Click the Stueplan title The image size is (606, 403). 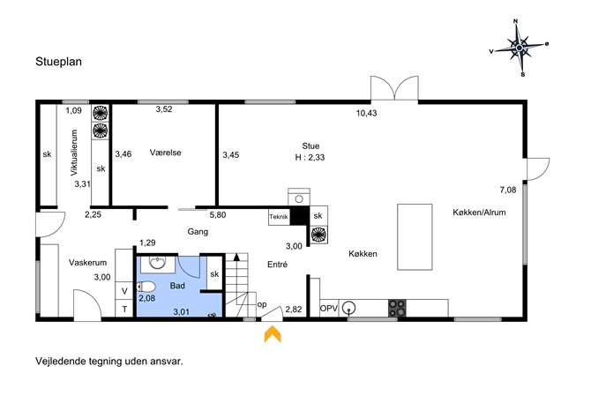point(59,62)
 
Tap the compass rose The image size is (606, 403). point(519,47)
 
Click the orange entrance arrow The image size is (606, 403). point(273,334)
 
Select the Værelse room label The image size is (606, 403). point(166,153)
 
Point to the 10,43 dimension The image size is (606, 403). point(366,113)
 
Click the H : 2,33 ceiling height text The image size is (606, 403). point(310,157)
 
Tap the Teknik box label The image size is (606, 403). point(279,217)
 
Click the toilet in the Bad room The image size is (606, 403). point(146,287)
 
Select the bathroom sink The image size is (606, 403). point(158,263)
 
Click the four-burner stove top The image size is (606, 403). point(397,308)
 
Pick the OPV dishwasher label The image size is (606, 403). point(329,309)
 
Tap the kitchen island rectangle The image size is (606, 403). point(415,237)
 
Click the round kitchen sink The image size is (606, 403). point(349,309)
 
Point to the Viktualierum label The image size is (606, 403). point(74,153)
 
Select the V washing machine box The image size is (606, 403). point(124,291)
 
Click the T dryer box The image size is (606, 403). point(124,309)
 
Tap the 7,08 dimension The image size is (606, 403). point(508,190)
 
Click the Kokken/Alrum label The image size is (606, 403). point(479,213)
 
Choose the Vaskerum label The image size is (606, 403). point(87,263)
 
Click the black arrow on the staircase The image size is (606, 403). point(236,257)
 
